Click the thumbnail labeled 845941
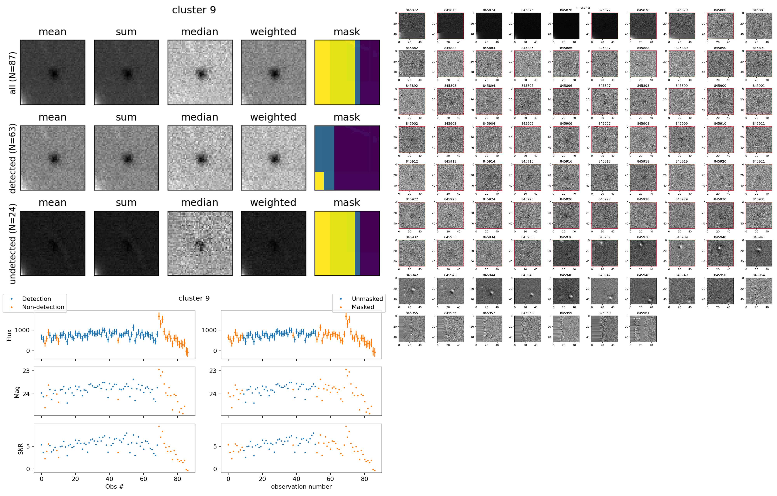coord(759,253)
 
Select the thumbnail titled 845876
coord(566,26)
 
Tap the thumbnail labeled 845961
coord(643,329)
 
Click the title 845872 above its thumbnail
coord(412,10)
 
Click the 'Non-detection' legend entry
coord(43,307)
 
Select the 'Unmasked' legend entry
coord(367,299)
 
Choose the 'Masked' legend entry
coord(363,307)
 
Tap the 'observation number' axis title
coord(301,486)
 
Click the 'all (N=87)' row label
coord(13,73)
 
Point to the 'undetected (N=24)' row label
coord(13,244)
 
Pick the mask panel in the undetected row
coord(347,244)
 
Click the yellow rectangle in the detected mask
coord(319,181)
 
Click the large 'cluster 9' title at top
coord(194,10)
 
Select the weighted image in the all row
coord(273,73)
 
